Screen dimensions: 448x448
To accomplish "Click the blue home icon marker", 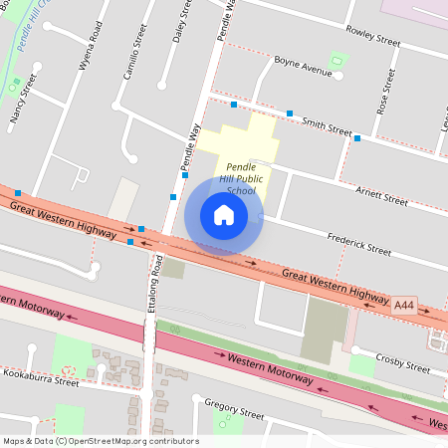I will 224,215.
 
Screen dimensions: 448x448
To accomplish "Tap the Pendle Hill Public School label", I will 241,178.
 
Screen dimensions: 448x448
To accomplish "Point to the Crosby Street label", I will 403,361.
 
